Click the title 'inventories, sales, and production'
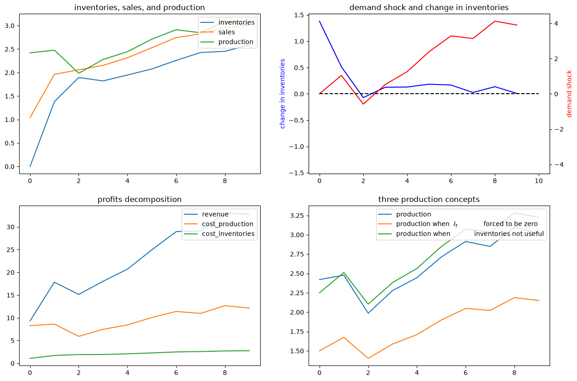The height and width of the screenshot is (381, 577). [x=139, y=7]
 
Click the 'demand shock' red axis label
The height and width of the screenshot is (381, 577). [x=569, y=94]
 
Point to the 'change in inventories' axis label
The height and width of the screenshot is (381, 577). [x=282, y=94]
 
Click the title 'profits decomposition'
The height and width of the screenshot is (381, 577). [x=139, y=199]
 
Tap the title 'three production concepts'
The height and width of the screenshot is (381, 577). [x=429, y=199]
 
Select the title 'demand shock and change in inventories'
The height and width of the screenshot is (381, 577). [x=429, y=7]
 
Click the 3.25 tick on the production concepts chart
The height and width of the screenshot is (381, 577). [x=297, y=216]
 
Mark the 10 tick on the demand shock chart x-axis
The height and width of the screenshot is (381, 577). [x=539, y=181]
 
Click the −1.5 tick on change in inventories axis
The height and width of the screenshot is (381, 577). [x=296, y=173]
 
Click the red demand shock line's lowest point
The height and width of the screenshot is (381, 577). [x=363, y=104]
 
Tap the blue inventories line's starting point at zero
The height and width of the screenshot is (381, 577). [x=30, y=167]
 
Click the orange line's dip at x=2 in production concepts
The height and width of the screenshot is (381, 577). [x=368, y=358]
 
